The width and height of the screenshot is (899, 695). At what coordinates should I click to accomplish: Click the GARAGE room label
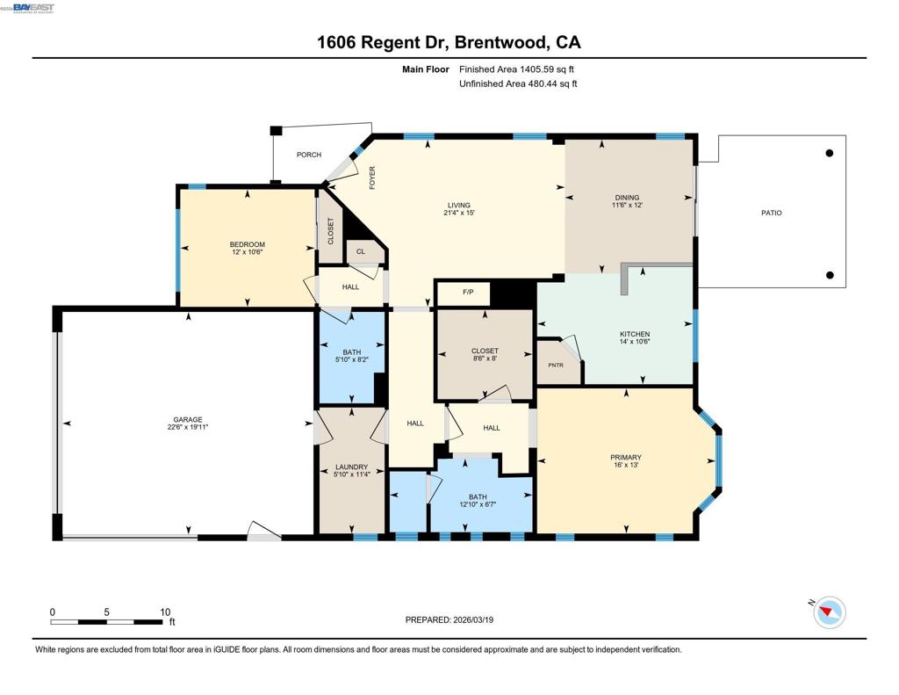187,420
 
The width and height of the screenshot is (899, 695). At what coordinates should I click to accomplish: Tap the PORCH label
308,155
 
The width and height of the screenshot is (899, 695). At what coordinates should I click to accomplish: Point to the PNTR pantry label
555,365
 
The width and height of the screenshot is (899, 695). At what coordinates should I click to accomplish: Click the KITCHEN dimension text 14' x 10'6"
635,343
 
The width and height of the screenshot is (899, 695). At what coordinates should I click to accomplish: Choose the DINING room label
627,198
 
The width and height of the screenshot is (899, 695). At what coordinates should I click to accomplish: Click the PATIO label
771,213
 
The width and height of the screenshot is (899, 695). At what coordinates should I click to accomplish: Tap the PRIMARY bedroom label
626,457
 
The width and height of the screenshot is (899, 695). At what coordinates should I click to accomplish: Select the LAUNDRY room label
351,467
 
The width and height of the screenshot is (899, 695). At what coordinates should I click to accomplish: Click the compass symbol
829,612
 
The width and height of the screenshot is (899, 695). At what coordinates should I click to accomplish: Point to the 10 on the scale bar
164,612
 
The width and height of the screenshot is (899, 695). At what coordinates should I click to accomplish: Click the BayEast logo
32,8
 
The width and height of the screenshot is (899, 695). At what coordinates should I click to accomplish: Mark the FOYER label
372,177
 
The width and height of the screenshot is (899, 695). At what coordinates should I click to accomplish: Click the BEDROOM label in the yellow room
247,244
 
